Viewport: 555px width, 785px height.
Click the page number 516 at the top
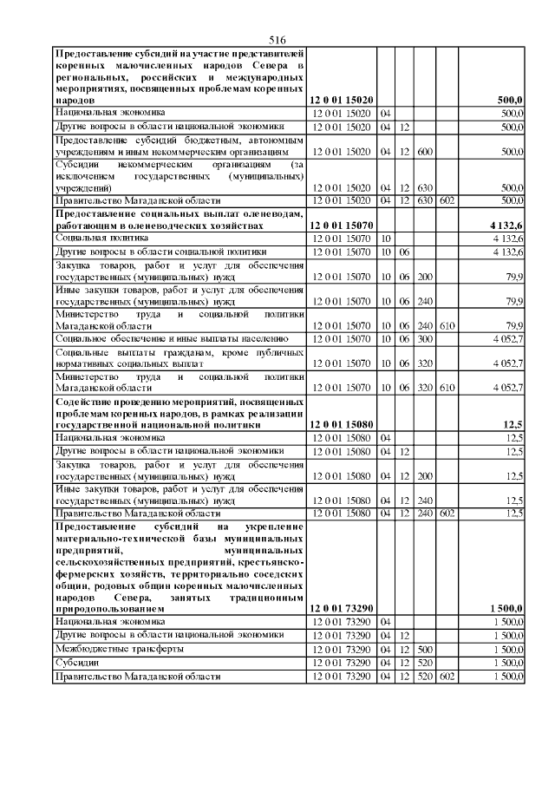click(277, 40)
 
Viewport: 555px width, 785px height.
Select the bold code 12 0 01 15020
click(343, 101)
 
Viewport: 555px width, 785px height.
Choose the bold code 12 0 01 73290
click(343, 610)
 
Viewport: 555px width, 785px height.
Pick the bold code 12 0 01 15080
click(343, 425)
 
